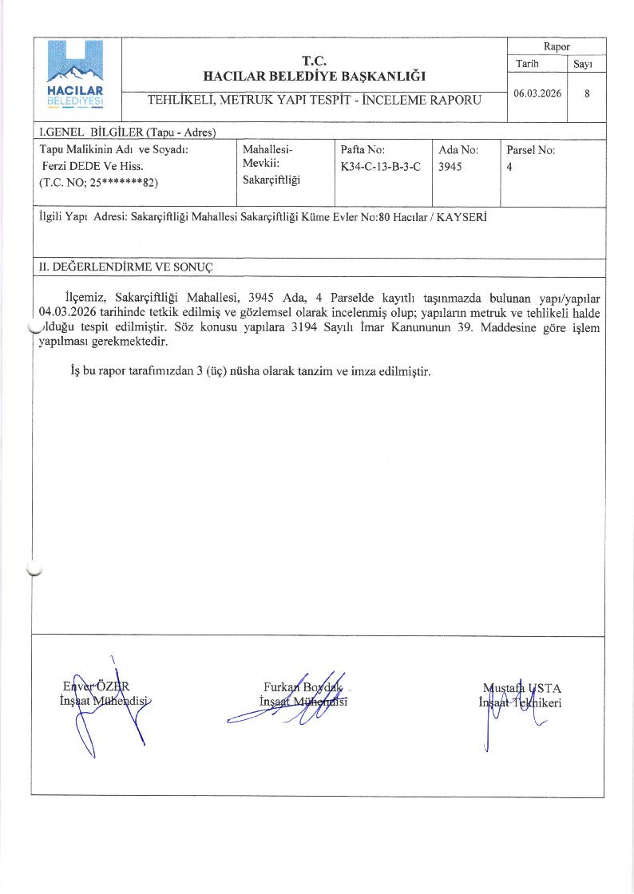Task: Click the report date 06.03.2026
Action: click(x=537, y=93)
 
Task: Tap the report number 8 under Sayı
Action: click(x=587, y=93)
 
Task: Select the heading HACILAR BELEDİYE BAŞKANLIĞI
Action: click(x=315, y=77)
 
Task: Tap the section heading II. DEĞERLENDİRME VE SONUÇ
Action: click(x=125, y=266)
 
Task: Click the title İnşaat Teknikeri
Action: click(x=519, y=702)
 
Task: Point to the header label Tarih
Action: click(x=527, y=63)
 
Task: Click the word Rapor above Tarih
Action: click(x=557, y=47)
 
